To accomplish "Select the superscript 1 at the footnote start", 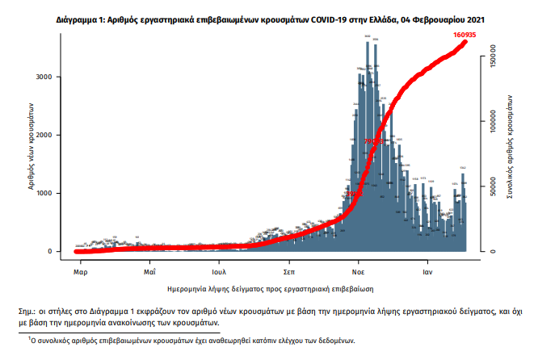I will pyautogui.click(x=29, y=340).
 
